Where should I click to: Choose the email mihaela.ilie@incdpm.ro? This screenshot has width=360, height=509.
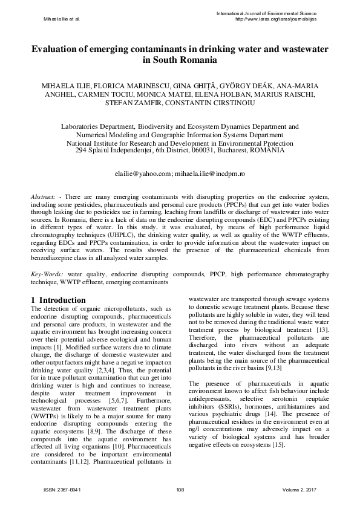[x=209, y=173]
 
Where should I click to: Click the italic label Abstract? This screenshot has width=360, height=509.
[x=44, y=197]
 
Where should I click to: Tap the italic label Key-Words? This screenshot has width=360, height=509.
[x=48, y=274]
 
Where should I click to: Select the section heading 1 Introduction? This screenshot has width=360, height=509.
[x=58, y=300]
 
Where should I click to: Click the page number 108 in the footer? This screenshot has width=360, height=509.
[x=180, y=489]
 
